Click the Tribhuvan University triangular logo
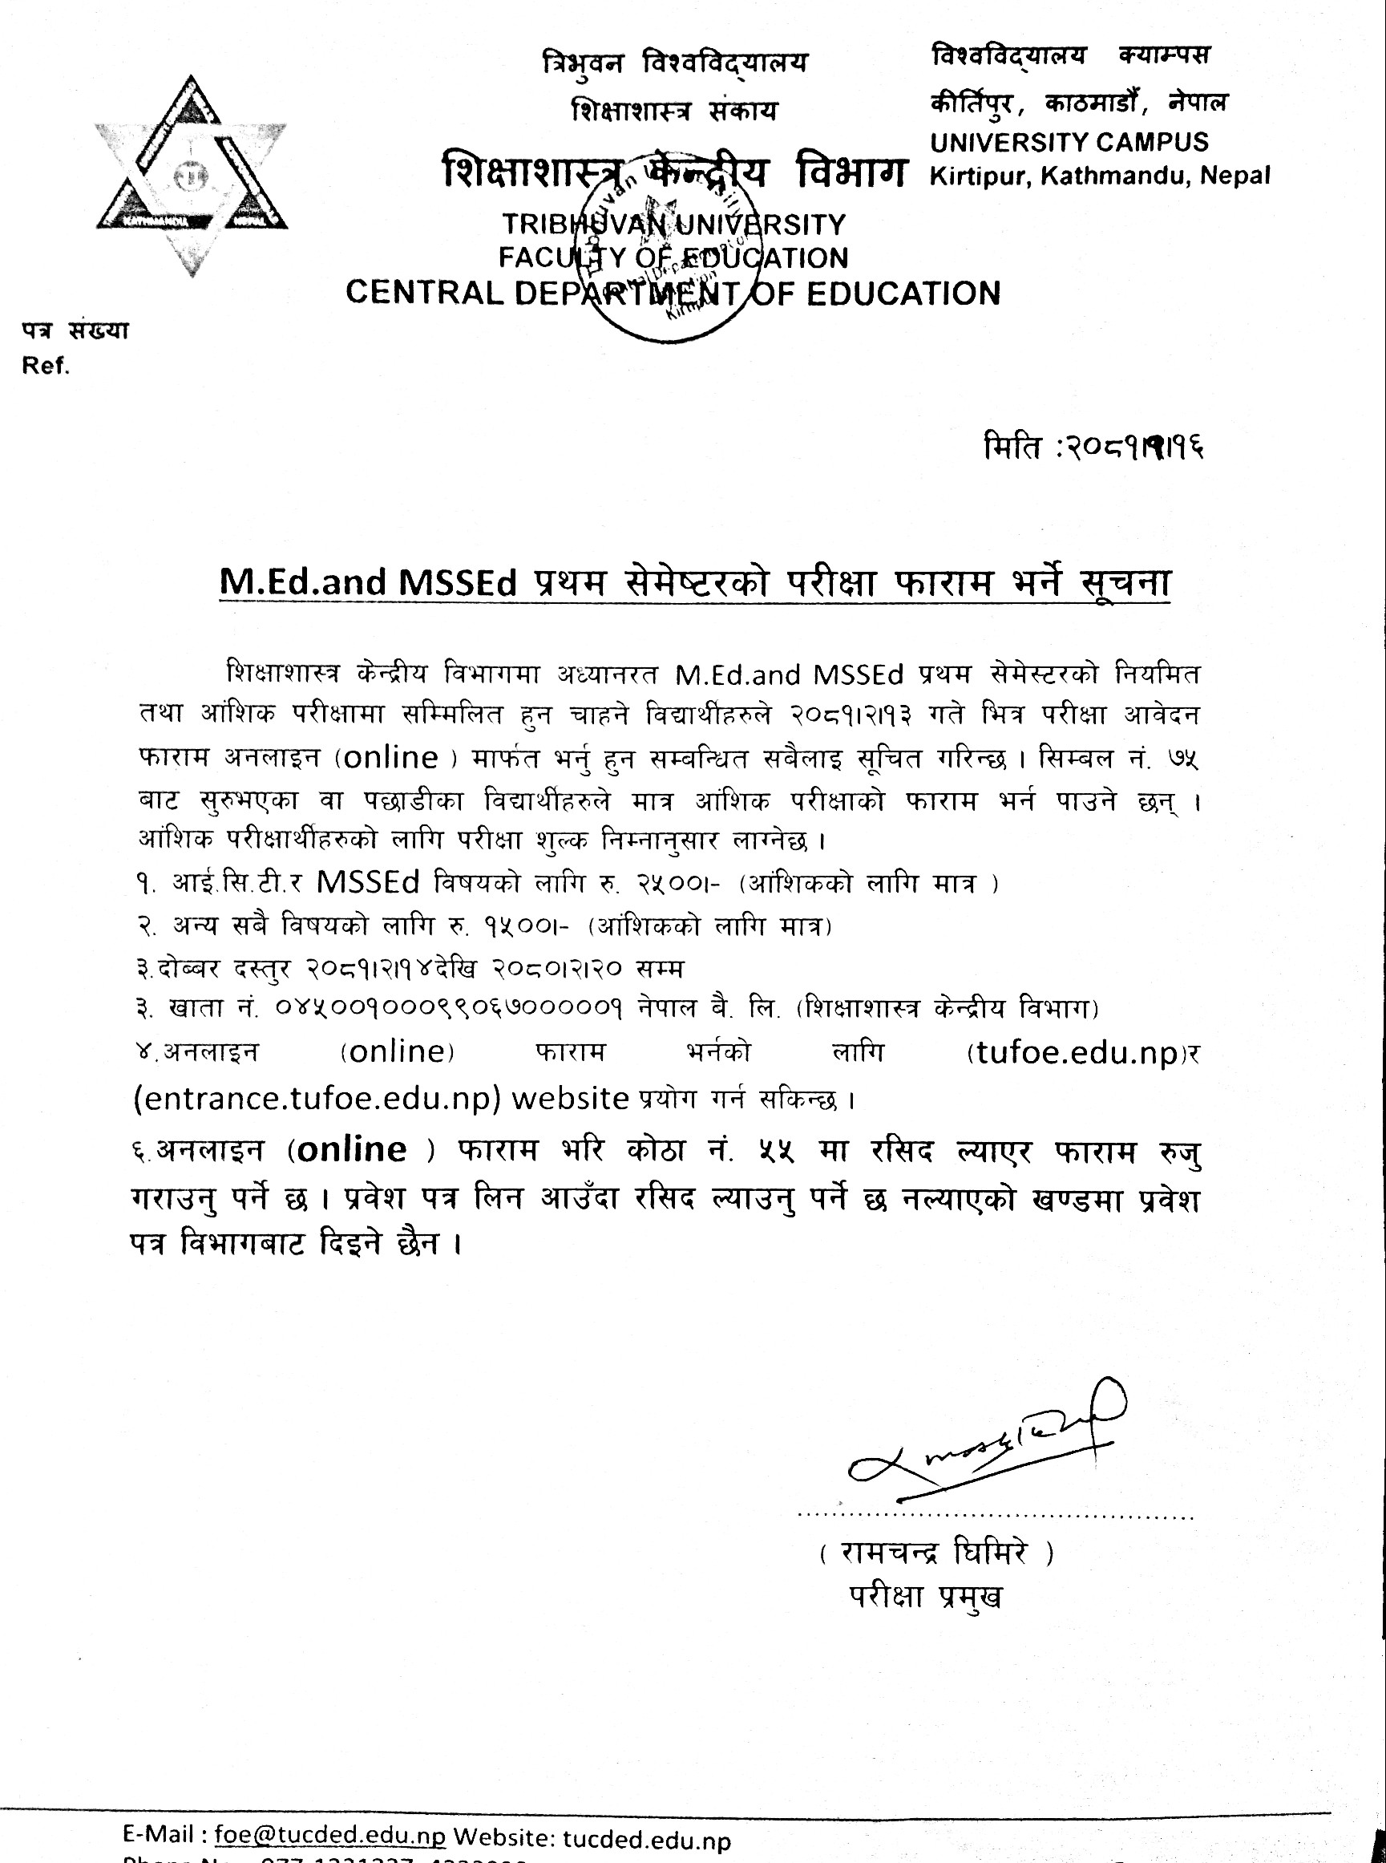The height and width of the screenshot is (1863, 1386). (x=192, y=176)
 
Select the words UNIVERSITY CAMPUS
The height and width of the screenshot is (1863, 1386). (x=1069, y=142)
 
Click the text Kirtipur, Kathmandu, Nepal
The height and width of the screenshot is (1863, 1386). (x=1099, y=176)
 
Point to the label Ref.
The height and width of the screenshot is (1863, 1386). (x=46, y=367)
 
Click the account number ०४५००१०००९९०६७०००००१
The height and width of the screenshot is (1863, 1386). (x=448, y=1008)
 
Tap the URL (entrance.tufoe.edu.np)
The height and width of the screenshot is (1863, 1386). (x=317, y=1099)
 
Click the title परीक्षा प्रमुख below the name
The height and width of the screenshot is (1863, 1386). (x=925, y=1597)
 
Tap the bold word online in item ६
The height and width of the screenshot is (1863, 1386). (x=352, y=1149)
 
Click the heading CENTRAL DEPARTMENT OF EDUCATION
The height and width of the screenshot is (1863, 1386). (x=673, y=293)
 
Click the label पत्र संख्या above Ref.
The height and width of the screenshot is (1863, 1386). (x=75, y=330)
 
